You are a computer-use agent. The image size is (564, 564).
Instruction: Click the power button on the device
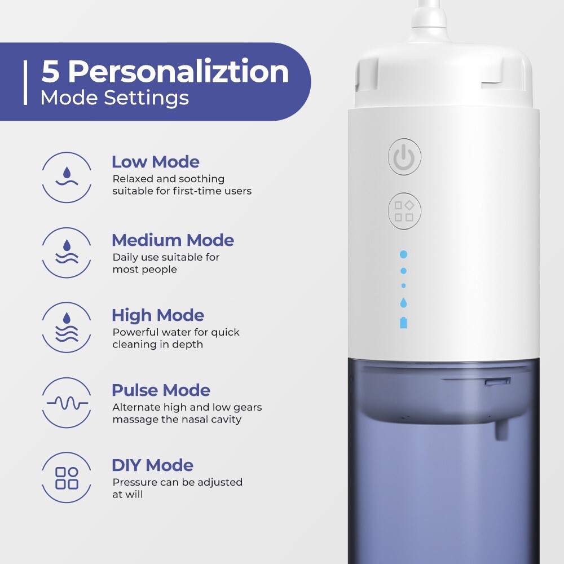coord(404,156)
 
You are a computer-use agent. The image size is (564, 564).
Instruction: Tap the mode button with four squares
coord(404,211)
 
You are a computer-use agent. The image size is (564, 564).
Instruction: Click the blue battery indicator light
coord(403,323)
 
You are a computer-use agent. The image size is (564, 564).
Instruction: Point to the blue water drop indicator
coord(403,303)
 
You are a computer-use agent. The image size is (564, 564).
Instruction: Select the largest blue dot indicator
coord(403,254)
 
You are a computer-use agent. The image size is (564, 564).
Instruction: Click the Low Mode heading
coord(155,162)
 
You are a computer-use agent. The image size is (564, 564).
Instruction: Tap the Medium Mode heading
coord(173,240)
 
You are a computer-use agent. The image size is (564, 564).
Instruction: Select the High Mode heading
coord(157,315)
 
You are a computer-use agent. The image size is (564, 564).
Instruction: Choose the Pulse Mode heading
coord(161,390)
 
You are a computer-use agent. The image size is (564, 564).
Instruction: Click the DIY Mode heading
coord(152,465)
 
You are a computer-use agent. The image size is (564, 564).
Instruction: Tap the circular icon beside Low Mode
coord(67,177)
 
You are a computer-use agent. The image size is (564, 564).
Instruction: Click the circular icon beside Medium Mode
coord(67,252)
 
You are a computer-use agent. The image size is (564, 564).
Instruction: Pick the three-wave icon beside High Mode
coord(67,327)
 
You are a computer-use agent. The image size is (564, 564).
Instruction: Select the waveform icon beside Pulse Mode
coord(67,402)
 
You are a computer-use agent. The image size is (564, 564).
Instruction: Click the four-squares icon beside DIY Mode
coord(67,478)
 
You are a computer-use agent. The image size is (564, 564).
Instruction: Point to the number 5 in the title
coord(50,72)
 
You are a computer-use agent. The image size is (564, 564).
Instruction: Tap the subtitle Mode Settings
coord(114,98)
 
